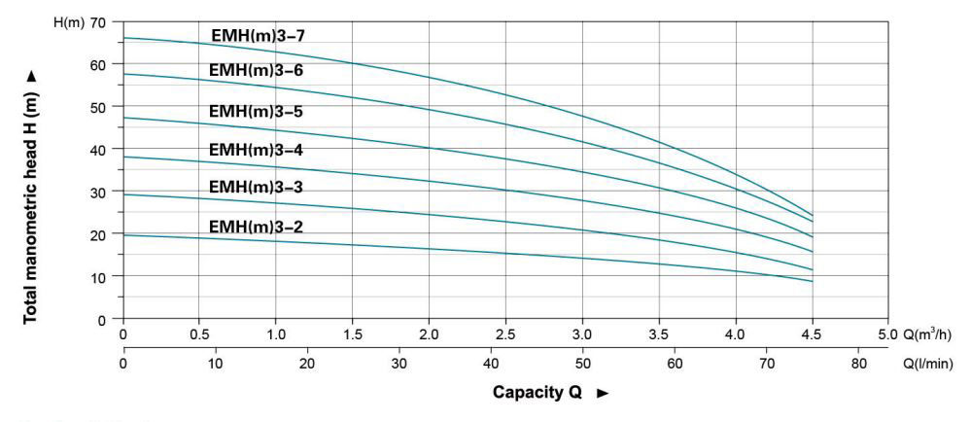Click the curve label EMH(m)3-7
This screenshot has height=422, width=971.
[260, 36]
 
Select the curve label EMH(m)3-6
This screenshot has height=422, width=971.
[257, 70]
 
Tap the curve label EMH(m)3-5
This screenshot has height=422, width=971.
[257, 112]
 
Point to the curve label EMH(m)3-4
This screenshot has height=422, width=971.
[257, 150]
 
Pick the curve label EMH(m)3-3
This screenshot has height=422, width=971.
[257, 187]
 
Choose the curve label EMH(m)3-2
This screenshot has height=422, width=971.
[257, 228]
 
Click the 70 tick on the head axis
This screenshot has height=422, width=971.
[98, 21]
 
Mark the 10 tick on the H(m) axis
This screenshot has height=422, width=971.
[98, 277]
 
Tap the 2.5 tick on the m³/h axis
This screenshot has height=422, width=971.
[506, 335]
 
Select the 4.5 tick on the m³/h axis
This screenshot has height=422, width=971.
[813, 335]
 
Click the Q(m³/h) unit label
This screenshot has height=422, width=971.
[928, 335]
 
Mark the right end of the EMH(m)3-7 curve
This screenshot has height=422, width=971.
[813, 215]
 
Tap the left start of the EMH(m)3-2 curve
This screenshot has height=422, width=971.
[123, 235]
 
